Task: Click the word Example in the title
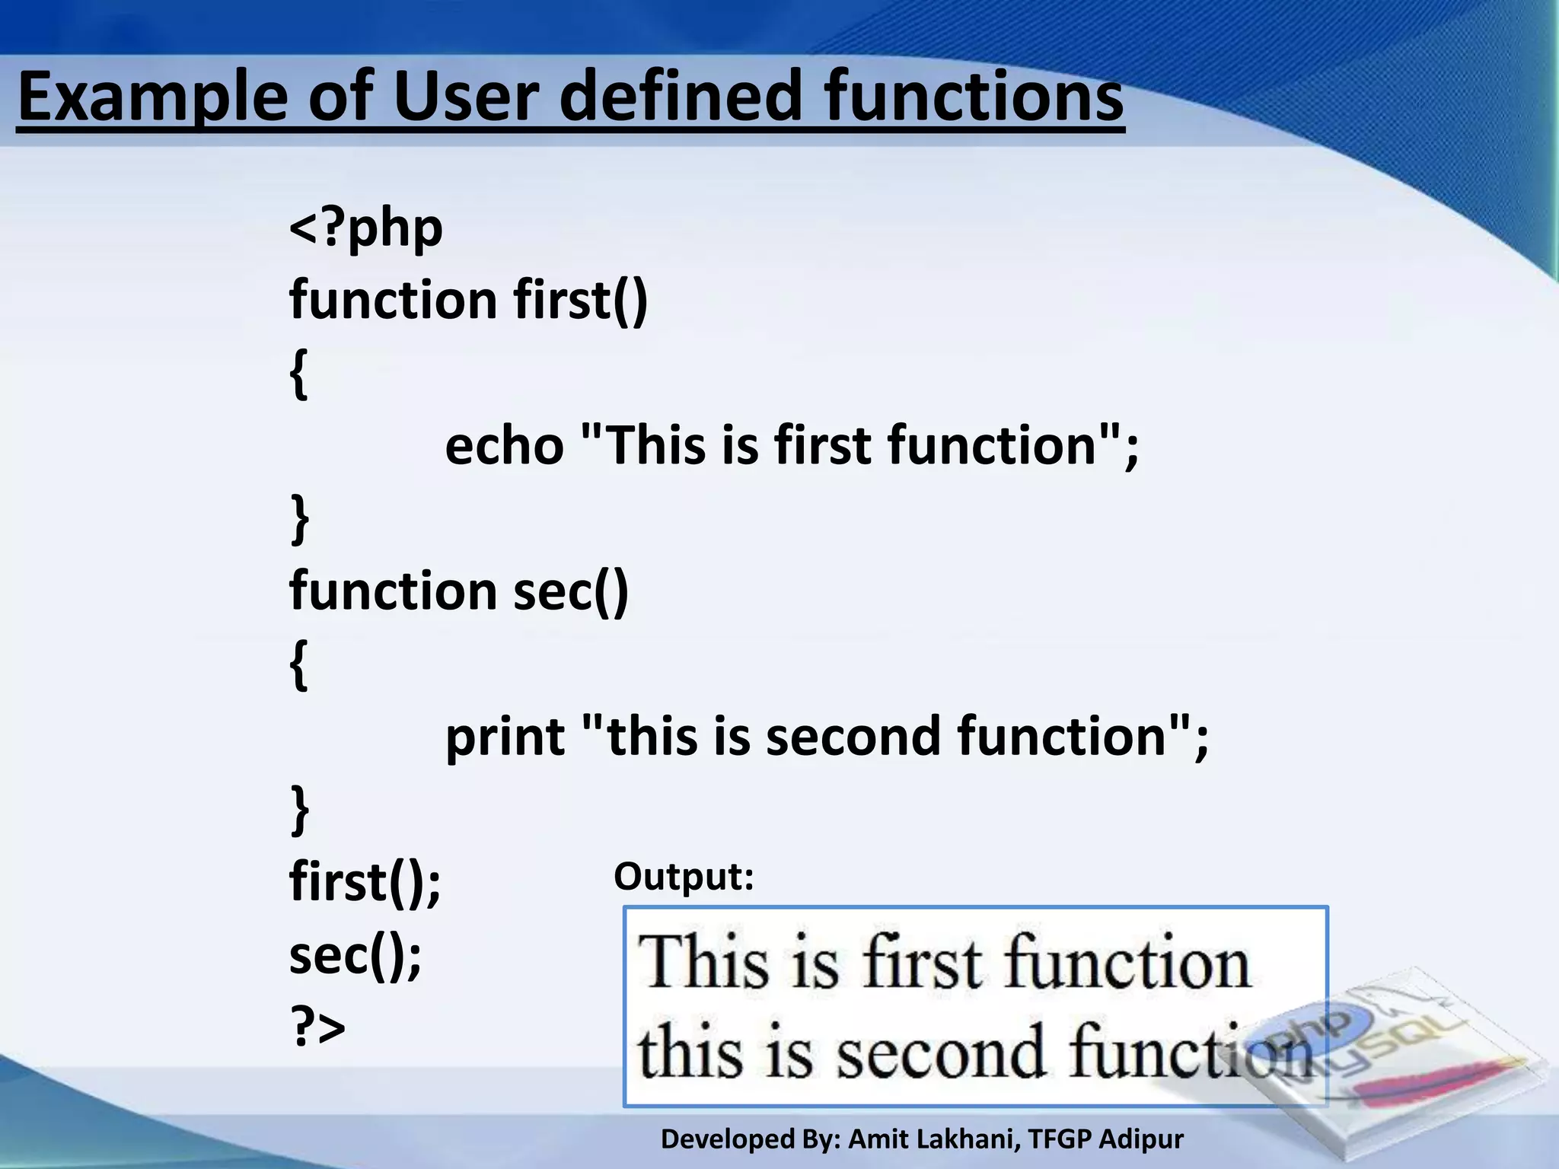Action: pos(151,97)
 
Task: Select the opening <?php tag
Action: pos(365,228)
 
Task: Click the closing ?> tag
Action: pos(317,1027)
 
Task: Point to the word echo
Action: pos(504,446)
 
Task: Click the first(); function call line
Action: pos(365,883)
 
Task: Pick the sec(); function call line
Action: pos(355,956)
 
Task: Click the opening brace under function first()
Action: pos(299,373)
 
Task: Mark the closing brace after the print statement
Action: pos(300,811)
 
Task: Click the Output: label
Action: pos(683,877)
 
